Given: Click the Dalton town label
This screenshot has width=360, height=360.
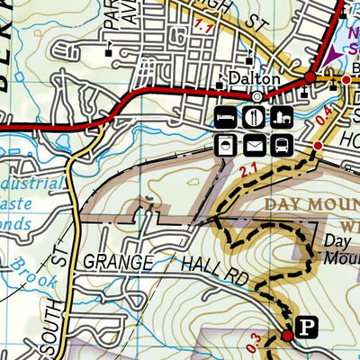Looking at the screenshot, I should [256, 79].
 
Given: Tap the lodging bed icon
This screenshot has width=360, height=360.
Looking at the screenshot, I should [228, 117].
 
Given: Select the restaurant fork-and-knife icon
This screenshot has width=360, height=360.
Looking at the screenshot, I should [255, 117].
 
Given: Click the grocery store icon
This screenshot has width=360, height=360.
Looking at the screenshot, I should [282, 117].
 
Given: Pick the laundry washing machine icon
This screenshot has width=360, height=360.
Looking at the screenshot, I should [228, 144].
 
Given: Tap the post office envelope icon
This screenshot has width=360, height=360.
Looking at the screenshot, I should [255, 144].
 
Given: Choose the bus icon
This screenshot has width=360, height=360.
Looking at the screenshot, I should [282, 144].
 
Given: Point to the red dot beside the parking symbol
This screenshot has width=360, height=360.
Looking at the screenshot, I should [288, 336].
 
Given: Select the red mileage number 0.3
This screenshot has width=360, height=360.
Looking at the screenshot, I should [255, 340].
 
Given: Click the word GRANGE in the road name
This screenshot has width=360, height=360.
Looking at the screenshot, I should [117, 262].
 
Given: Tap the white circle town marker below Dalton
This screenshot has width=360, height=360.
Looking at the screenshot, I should [256, 96].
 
